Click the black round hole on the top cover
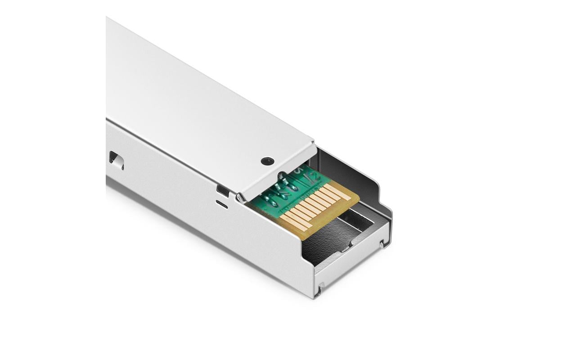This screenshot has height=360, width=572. point(267,161)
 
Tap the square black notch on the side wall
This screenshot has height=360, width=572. point(222,190)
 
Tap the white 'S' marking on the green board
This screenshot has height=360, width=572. point(297,170)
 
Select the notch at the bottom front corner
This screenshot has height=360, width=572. point(319,290)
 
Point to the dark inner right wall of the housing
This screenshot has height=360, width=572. point(360,180)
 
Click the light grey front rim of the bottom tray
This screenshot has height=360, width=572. point(351,265)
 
